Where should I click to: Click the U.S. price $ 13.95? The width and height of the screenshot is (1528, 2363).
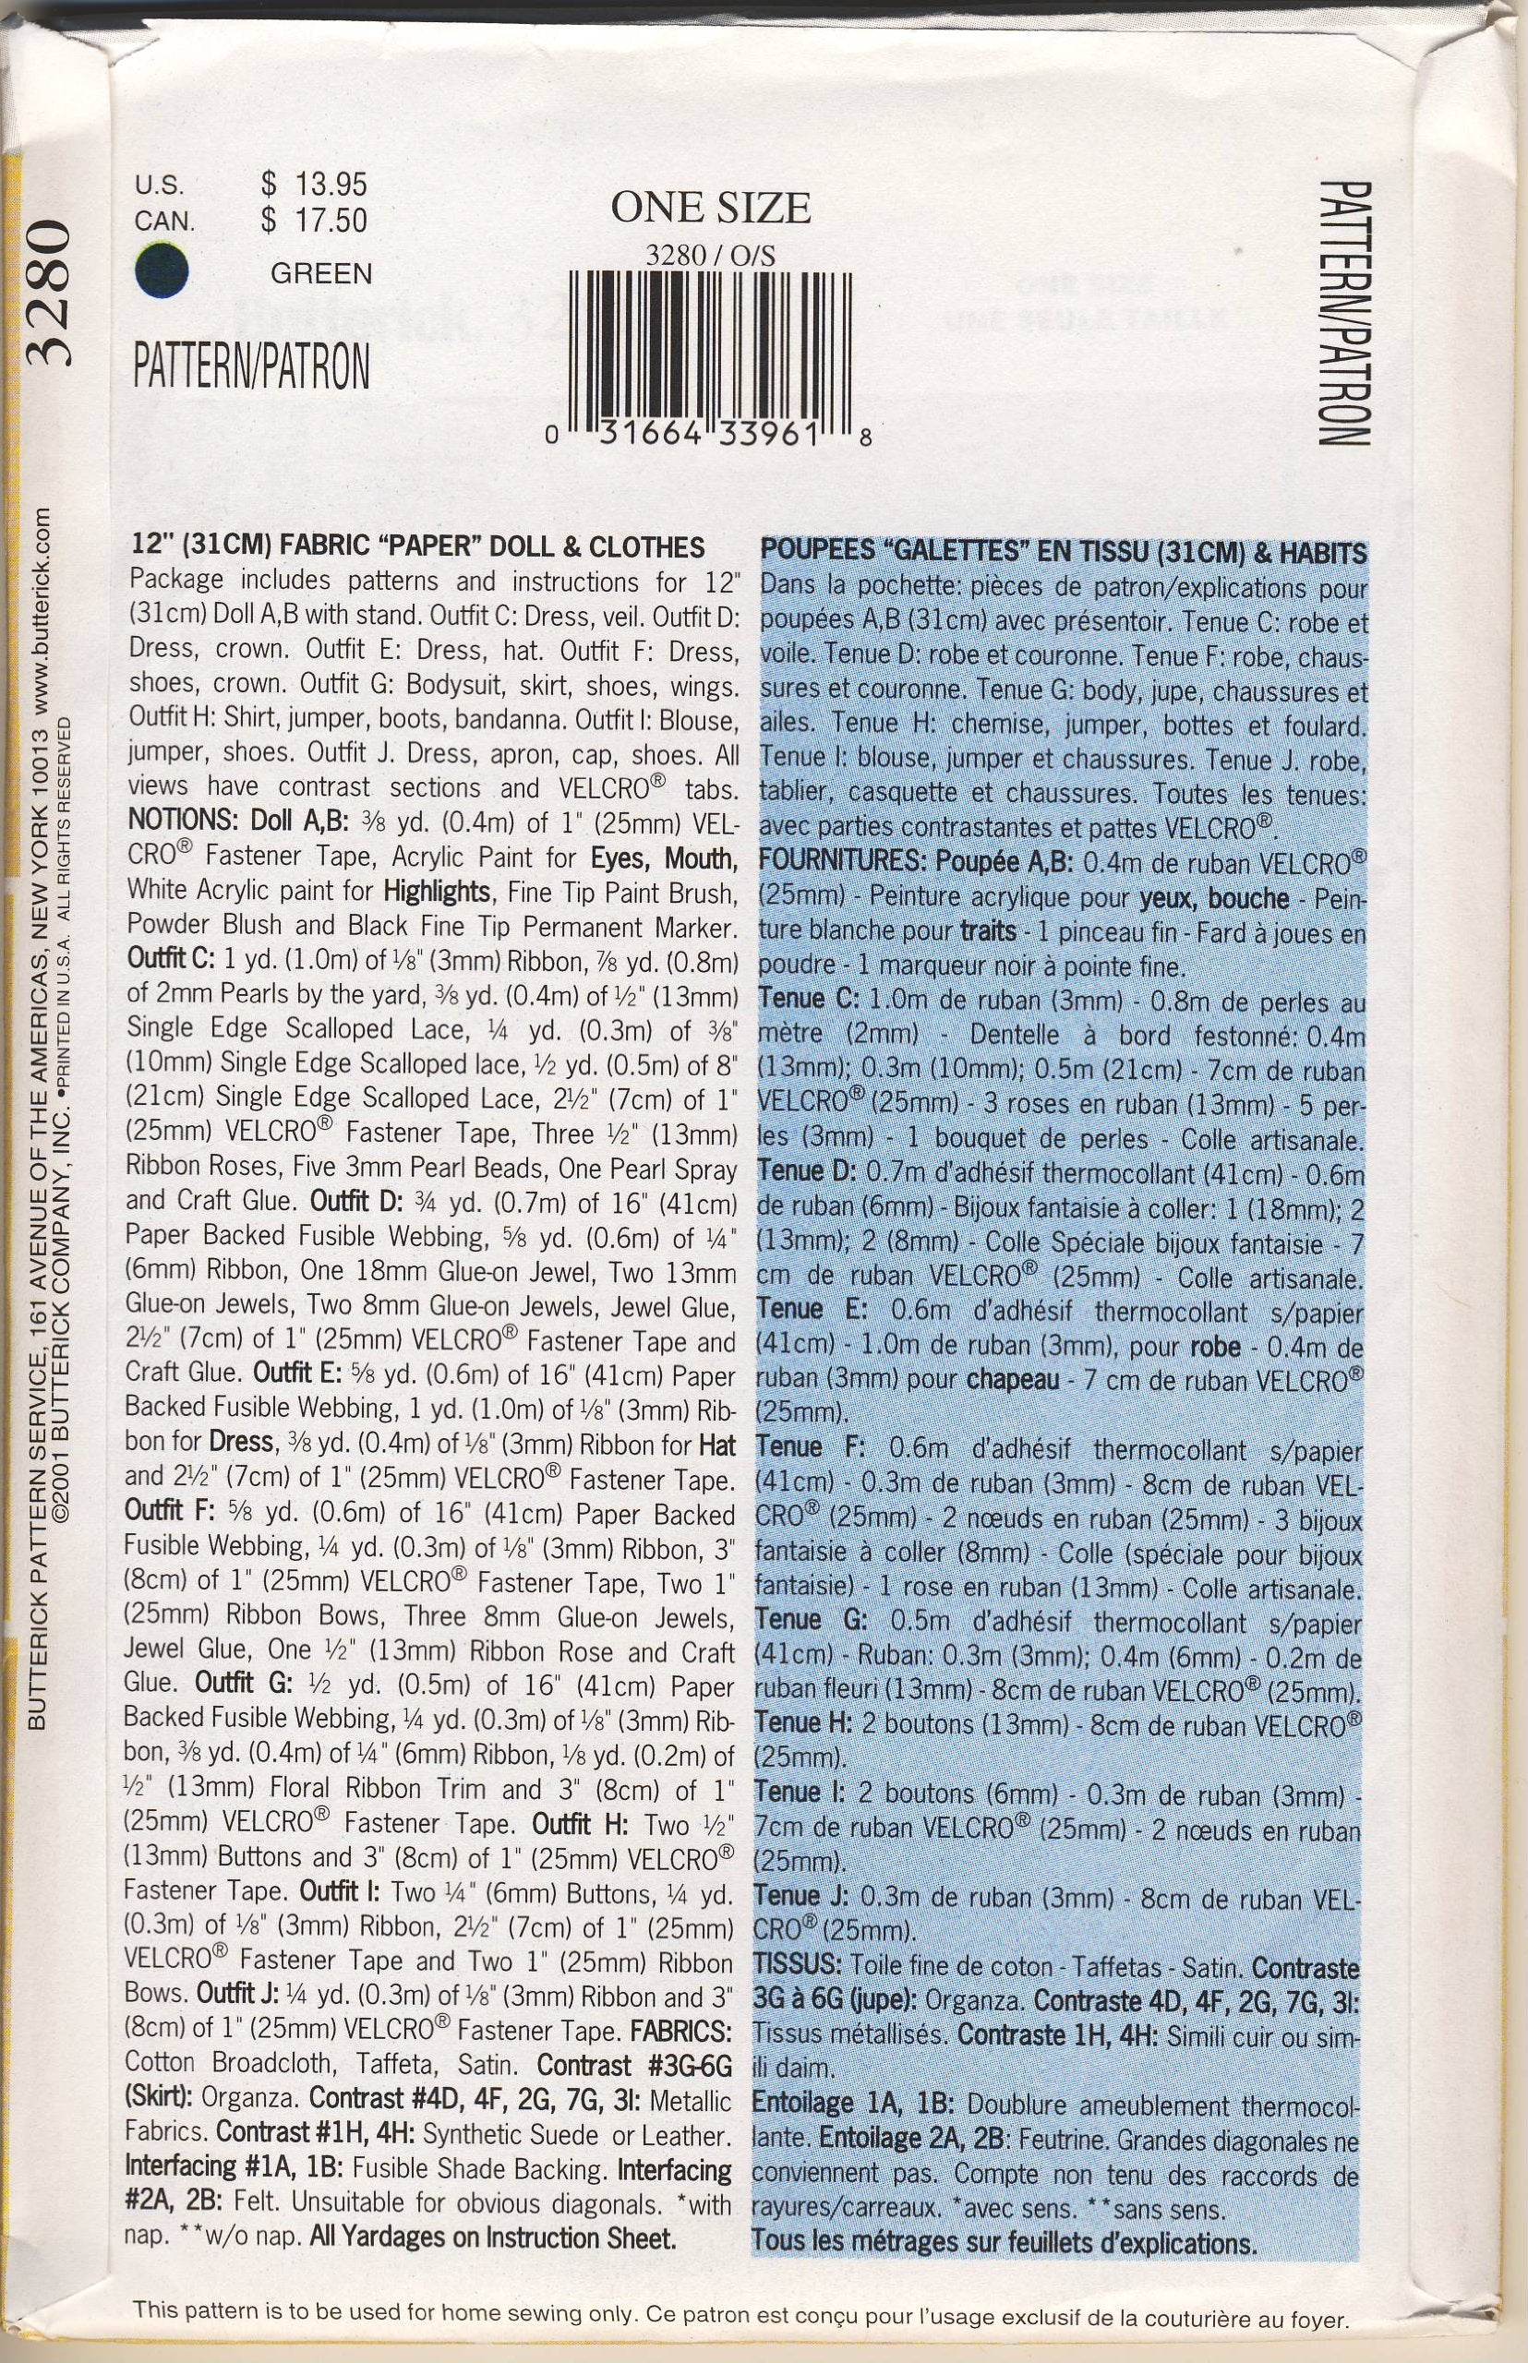point(314,185)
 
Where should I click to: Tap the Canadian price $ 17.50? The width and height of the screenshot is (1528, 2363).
point(314,220)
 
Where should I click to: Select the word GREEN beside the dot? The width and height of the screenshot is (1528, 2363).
point(321,273)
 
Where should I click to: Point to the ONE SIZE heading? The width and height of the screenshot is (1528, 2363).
point(710,208)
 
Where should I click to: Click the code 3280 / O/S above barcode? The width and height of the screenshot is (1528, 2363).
point(710,256)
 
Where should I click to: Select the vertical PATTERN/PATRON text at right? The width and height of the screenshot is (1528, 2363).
point(1346,313)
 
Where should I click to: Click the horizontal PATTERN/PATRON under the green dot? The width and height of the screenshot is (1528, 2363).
point(251,366)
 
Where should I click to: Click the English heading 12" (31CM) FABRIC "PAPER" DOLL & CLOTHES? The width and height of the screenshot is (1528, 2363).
point(417,546)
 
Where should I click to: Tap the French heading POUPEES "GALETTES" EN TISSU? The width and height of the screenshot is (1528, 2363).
point(1063,553)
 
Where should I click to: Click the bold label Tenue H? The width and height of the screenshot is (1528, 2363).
point(801,1724)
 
